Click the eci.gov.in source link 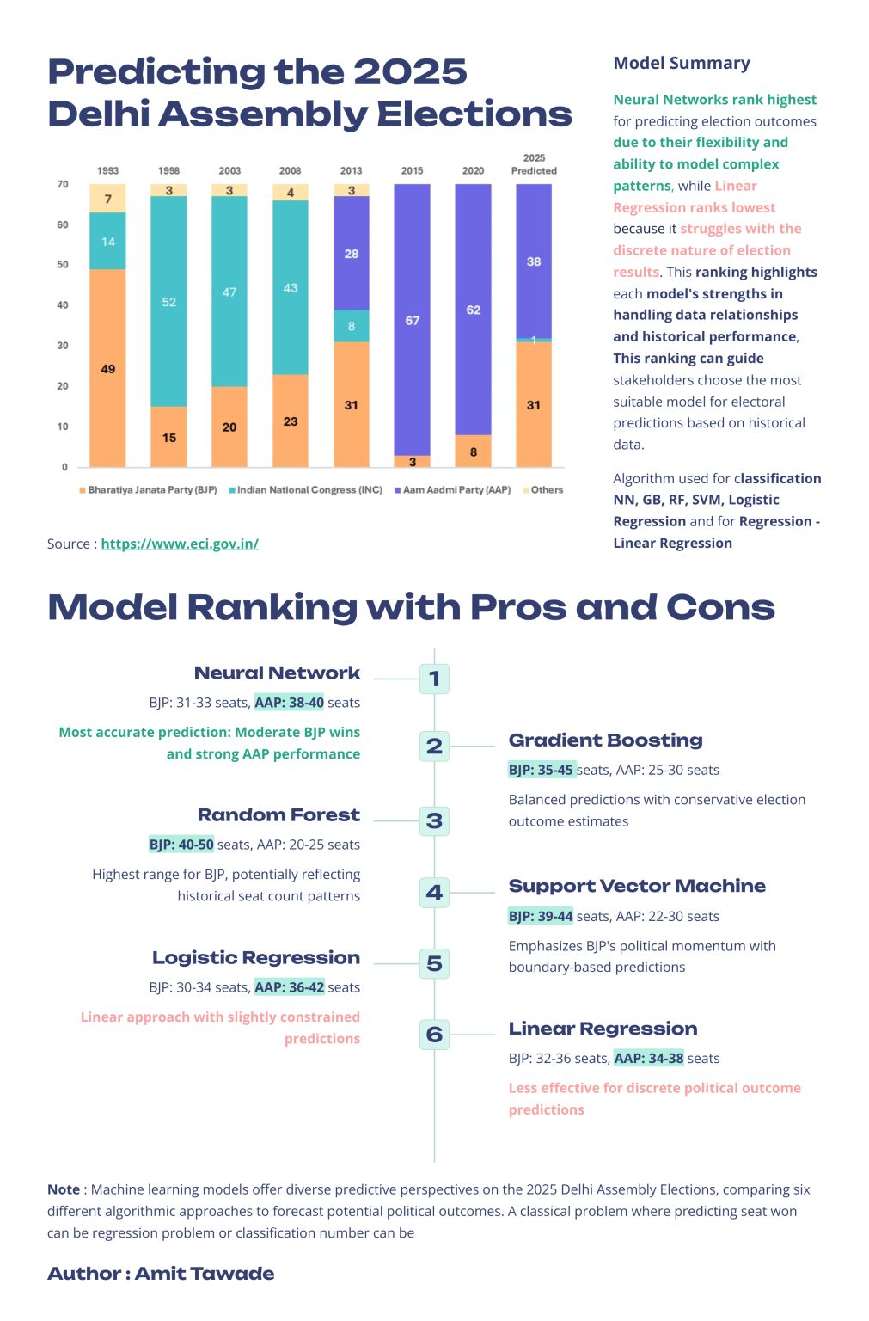click(x=180, y=544)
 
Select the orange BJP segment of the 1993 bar click(x=107, y=368)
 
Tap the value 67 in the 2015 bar click(x=413, y=321)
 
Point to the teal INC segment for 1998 click(x=168, y=302)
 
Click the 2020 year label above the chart click(x=473, y=171)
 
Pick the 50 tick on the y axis click(x=63, y=265)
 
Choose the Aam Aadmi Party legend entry click(x=452, y=490)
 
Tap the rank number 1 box click(x=434, y=679)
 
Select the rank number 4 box click(x=434, y=893)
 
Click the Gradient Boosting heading click(x=605, y=740)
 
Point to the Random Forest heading click(x=278, y=815)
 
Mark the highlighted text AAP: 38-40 click(x=290, y=703)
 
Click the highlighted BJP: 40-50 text click(x=181, y=845)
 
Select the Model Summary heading click(x=681, y=63)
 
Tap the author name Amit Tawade click(x=205, y=1274)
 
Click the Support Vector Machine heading click(x=636, y=887)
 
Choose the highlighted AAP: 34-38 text click(x=649, y=1059)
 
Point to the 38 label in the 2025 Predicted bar click(x=534, y=261)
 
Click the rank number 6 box click(x=434, y=1034)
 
